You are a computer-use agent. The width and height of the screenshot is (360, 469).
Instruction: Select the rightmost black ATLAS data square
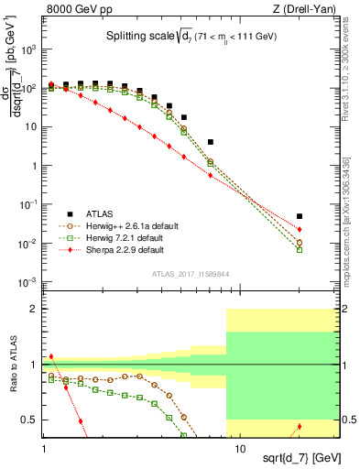(x=300, y=217)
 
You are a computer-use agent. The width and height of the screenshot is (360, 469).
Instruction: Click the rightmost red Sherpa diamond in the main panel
(x=300, y=229)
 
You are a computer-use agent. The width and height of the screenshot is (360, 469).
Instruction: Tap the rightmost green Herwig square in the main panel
(x=300, y=249)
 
